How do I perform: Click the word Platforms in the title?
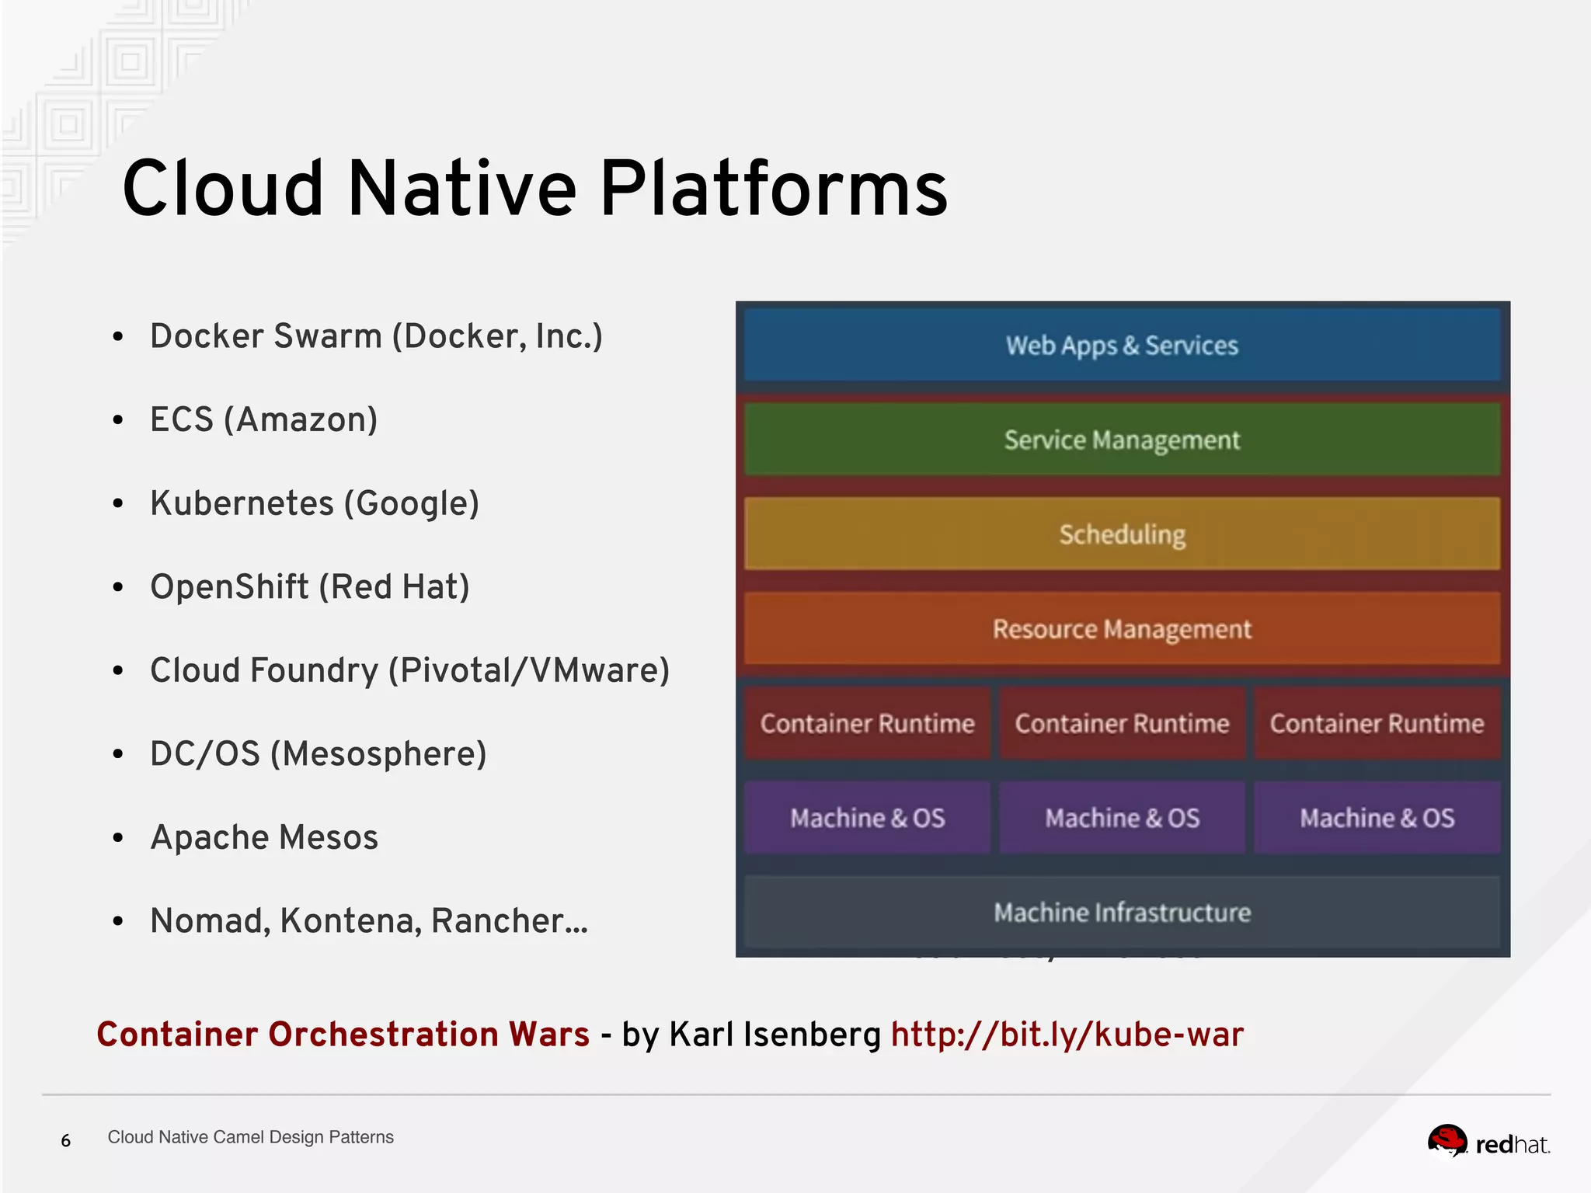pyautogui.click(x=773, y=189)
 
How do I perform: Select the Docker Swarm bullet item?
pyautogui.click(x=376, y=336)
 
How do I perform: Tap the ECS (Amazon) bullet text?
pyautogui.click(x=263, y=419)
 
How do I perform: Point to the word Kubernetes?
pyautogui.click(x=242, y=503)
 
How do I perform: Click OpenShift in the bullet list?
pyautogui.click(x=229, y=586)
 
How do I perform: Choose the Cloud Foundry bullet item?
pyautogui.click(x=409, y=670)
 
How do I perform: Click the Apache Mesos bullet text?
pyautogui.click(x=264, y=837)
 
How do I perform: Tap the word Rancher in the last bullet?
pyautogui.click(x=497, y=921)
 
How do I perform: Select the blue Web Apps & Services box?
pyautogui.click(x=1122, y=345)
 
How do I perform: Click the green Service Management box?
pyautogui.click(x=1122, y=440)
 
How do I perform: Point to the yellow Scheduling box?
pyautogui.click(x=1122, y=534)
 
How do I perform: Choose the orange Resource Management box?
pyautogui.click(x=1122, y=629)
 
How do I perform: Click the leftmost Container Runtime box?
pyautogui.click(x=867, y=723)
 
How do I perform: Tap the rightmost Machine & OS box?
pyautogui.click(x=1377, y=818)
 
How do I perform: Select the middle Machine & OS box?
pyautogui.click(x=1122, y=818)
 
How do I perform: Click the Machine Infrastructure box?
pyautogui.click(x=1122, y=912)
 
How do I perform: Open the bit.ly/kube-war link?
pyautogui.click(x=1067, y=1035)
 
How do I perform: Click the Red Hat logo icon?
pyautogui.click(x=1447, y=1142)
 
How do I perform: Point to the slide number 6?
pyautogui.click(x=66, y=1140)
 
